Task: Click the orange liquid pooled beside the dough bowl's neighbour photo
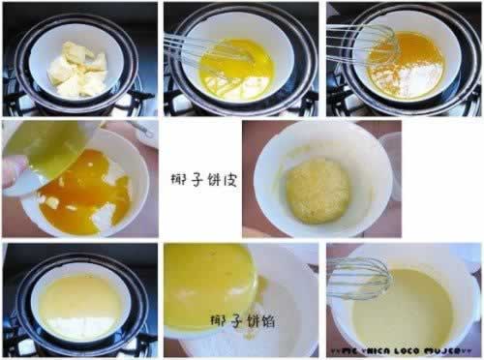(x=92, y=198)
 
